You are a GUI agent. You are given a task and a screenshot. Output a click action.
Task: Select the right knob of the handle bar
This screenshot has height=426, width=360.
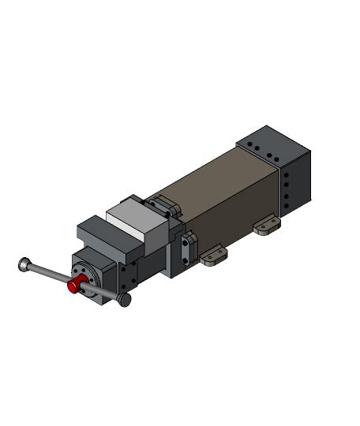tap(124, 300)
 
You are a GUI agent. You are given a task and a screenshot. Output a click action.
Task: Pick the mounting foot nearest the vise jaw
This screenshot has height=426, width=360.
tap(212, 256)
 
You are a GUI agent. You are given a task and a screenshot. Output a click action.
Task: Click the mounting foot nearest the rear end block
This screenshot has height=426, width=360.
tap(267, 227)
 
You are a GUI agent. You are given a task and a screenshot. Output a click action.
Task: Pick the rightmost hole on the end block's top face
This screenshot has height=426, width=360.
tap(276, 155)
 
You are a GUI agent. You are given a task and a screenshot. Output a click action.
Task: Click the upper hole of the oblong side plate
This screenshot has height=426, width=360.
tap(186, 242)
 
